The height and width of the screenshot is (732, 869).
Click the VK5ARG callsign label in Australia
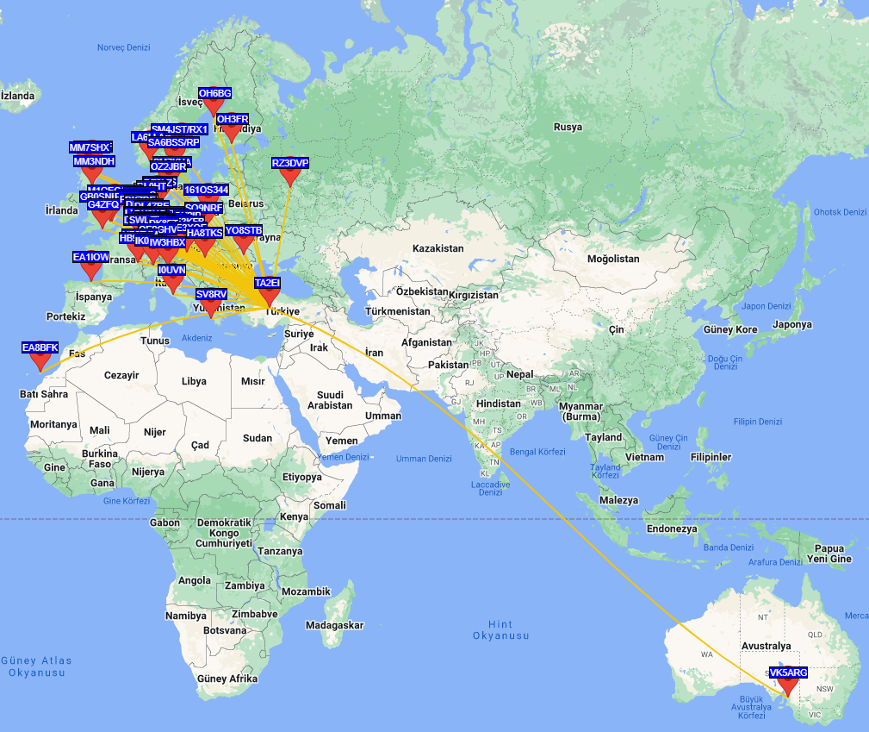pyautogui.click(x=788, y=673)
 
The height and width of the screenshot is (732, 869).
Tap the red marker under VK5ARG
pyautogui.click(x=787, y=688)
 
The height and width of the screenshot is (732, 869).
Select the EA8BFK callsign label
pyautogui.click(x=40, y=347)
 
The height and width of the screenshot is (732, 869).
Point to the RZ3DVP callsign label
pyautogui.click(x=289, y=163)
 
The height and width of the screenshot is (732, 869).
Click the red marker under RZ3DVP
pyautogui.click(x=289, y=178)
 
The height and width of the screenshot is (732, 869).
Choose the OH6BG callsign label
pyautogui.click(x=214, y=93)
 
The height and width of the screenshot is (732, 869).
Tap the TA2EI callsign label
pyautogui.click(x=268, y=283)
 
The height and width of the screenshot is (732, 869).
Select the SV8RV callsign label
pyautogui.click(x=211, y=294)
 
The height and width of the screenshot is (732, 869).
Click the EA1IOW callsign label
pyautogui.click(x=90, y=257)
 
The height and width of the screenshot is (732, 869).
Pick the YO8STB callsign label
pyautogui.click(x=243, y=230)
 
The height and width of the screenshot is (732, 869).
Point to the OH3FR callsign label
pyautogui.click(x=233, y=119)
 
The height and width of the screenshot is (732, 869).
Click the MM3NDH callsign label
pyautogui.click(x=93, y=161)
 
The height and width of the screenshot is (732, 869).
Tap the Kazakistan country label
pyautogui.click(x=438, y=248)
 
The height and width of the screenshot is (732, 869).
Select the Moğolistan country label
pyautogui.click(x=613, y=259)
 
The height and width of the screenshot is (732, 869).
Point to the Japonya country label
pyautogui.click(x=791, y=325)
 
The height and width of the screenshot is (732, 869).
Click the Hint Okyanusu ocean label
pyautogui.click(x=500, y=630)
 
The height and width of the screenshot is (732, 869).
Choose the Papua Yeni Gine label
pyautogui.click(x=829, y=554)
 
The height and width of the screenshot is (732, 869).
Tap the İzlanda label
pyautogui.click(x=17, y=96)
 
